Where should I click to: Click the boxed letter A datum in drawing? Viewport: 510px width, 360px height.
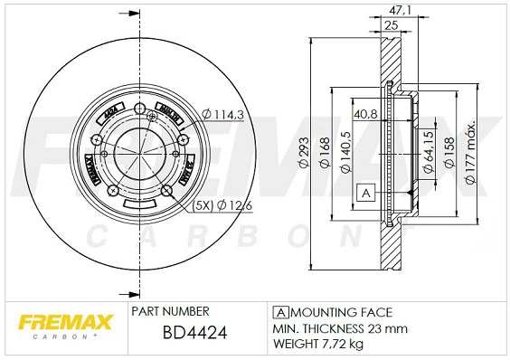[x=366, y=194]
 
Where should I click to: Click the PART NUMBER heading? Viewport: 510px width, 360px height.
[x=171, y=309]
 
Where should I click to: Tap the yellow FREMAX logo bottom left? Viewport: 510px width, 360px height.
[x=62, y=322]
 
